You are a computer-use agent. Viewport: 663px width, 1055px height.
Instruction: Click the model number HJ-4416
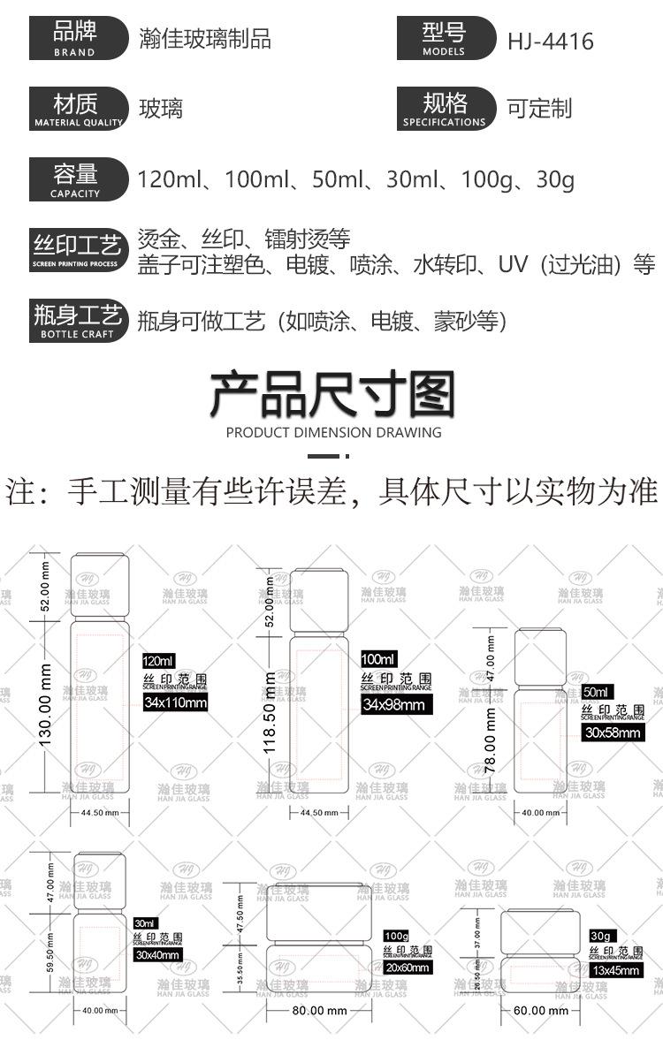click(x=550, y=41)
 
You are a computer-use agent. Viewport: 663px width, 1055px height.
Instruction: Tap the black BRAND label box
click(x=75, y=39)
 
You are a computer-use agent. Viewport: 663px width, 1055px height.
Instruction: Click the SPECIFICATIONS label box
click(x=444, y=110)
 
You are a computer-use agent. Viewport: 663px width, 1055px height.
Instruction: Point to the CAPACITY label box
click(x=75, y=179)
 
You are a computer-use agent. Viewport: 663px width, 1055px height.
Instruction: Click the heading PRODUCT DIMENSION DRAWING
click(x=333, y=432)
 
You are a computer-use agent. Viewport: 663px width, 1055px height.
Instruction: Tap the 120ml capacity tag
click(x=160, y=661)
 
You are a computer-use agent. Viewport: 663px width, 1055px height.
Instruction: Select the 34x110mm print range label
click(x=175, y=702)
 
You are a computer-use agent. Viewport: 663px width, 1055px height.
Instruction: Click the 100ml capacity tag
click(x=379, y=659)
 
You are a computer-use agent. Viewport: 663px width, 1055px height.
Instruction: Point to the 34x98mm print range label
click(x=392, y=704)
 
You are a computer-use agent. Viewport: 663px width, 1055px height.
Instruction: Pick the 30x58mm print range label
click(x=613, y=732)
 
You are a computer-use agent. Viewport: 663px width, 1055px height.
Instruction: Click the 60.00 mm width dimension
click(x=542, y=1010)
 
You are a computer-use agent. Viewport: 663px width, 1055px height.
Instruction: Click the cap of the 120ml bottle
click(x=99, y=586)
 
